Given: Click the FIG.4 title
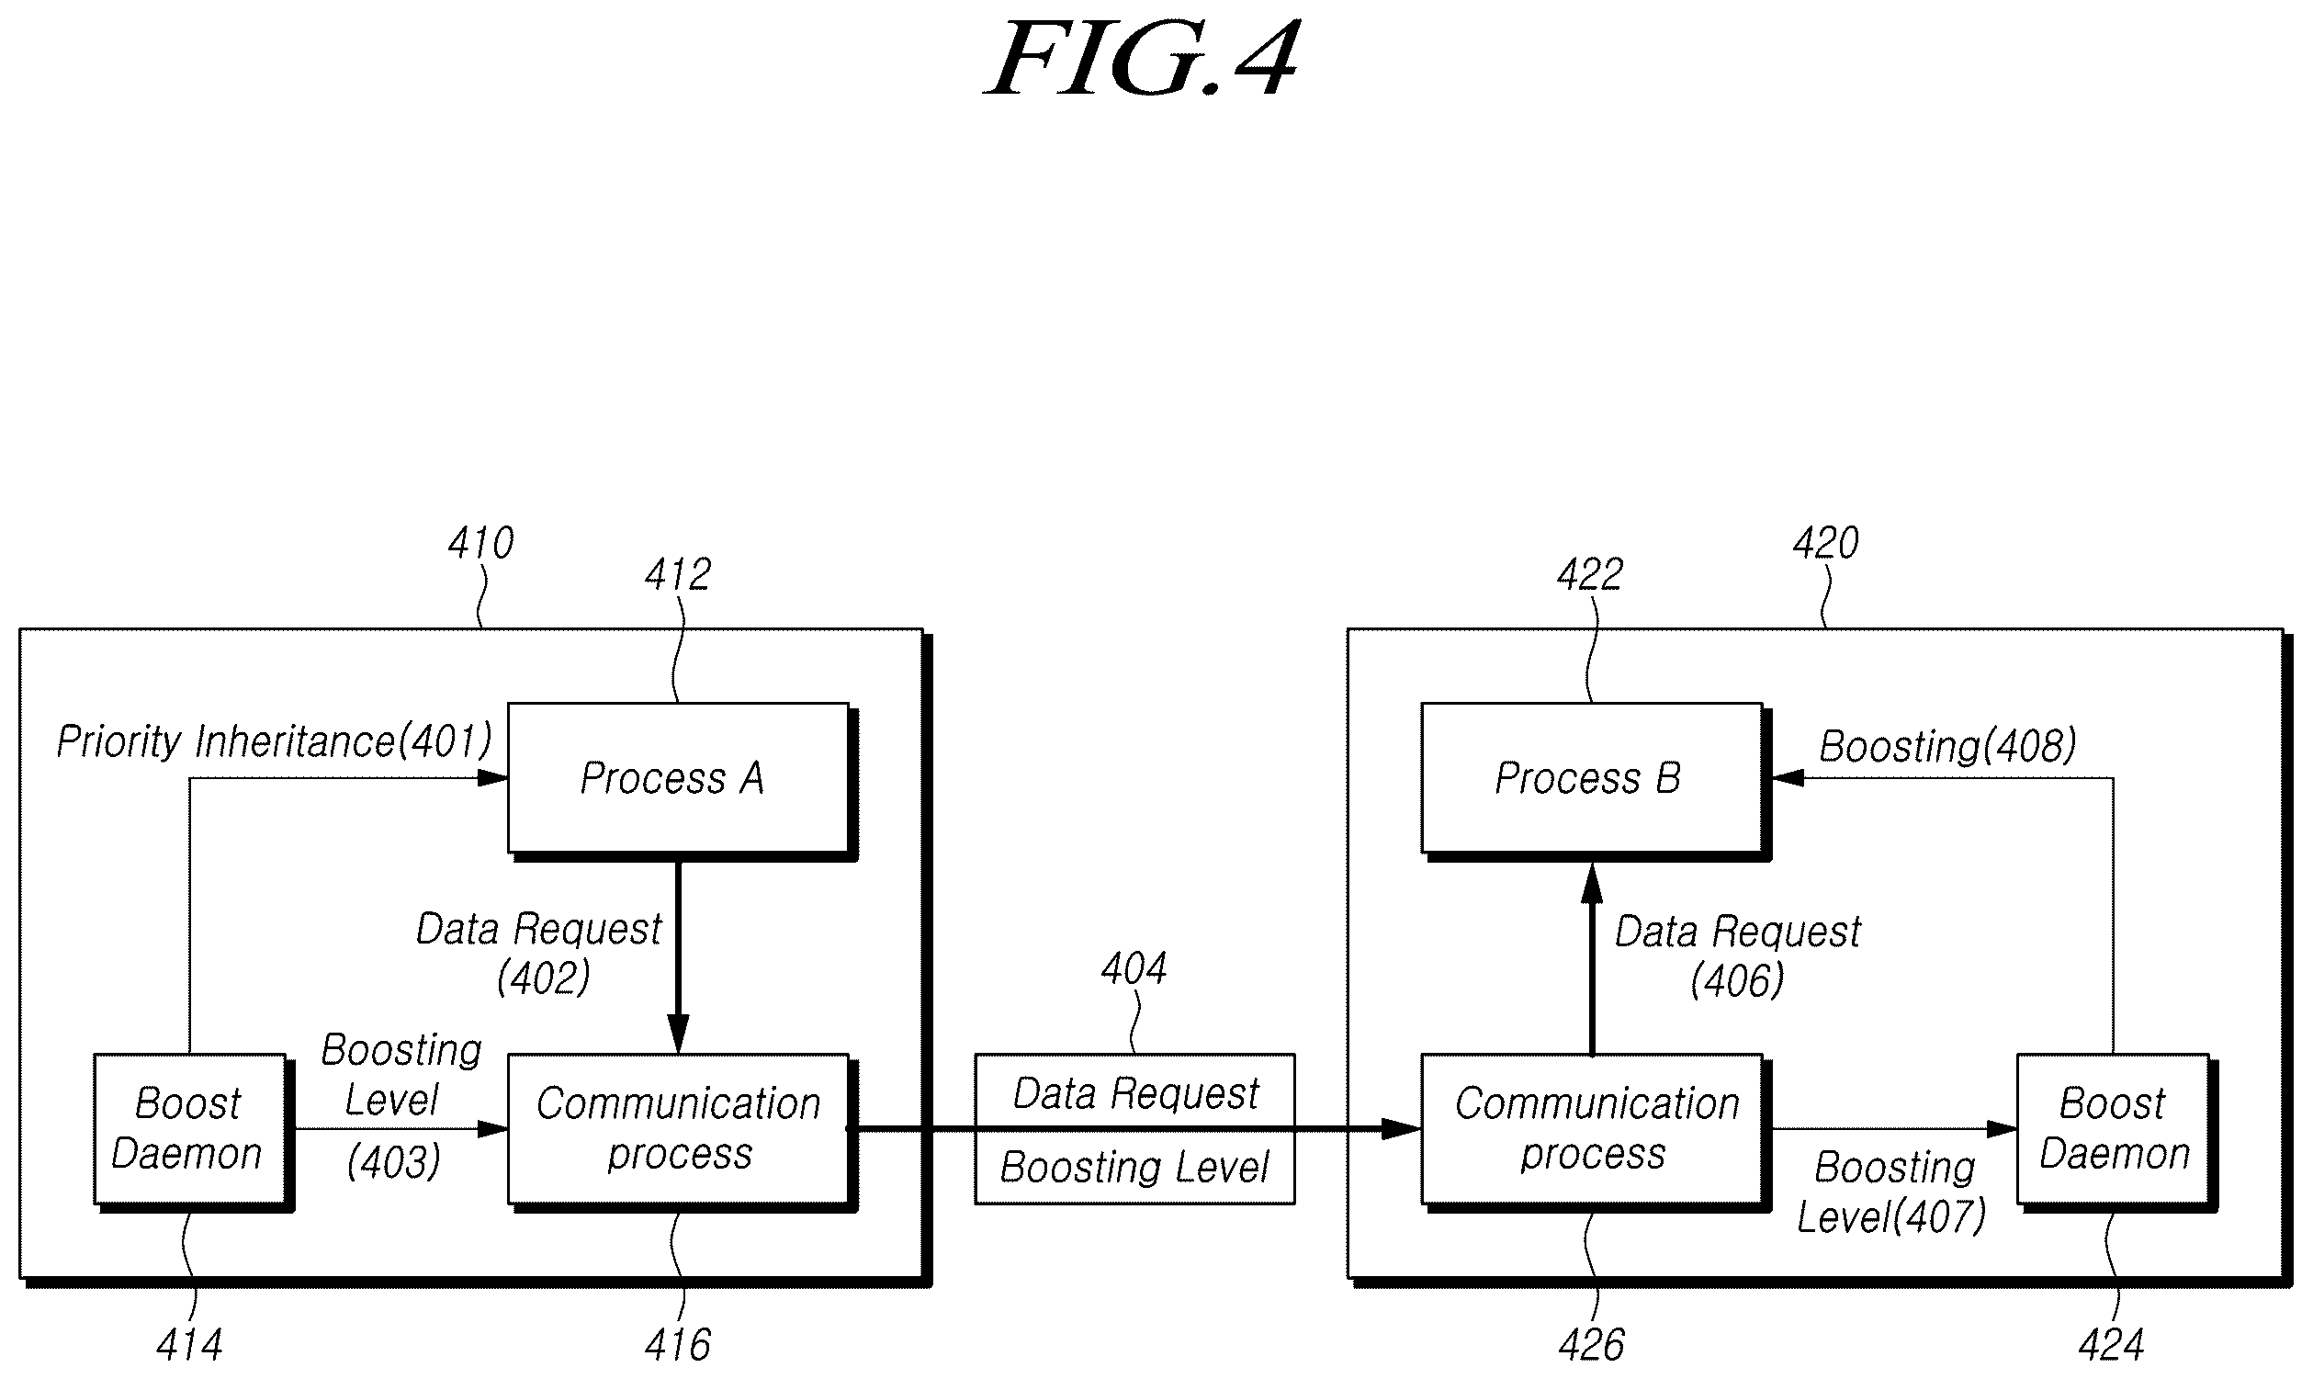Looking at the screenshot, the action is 1142,60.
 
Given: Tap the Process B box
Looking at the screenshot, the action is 1594,779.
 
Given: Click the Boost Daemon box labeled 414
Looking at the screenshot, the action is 191,1130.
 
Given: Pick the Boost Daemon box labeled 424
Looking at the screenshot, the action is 2116,1130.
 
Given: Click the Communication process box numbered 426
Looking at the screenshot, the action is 1594,1130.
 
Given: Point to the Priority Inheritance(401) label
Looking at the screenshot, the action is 274,741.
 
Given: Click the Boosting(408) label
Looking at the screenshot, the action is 1947,746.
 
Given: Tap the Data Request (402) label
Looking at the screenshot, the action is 540,954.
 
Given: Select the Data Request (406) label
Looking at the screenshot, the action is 1738,956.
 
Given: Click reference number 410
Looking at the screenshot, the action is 480,543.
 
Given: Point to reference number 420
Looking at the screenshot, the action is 1825,543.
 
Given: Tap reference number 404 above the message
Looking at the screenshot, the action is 1134,968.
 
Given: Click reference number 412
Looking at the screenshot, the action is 678,574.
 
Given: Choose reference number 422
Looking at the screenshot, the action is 1590,574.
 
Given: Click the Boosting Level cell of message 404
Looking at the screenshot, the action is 1134,1167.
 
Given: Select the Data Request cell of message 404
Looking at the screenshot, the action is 1134,1091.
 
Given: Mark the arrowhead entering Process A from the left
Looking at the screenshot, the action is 492,778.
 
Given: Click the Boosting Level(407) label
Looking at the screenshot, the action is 1891,1192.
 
